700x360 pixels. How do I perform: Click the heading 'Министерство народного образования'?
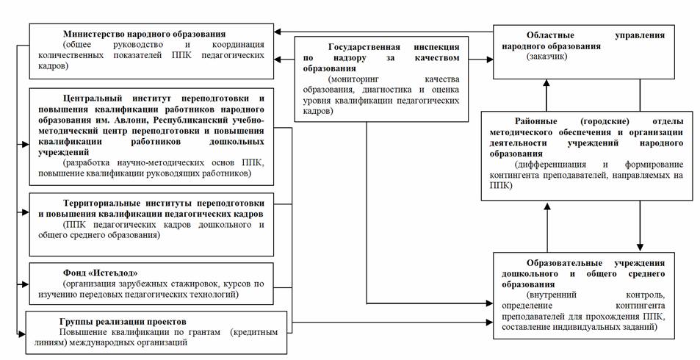pyautogui.click(x=144, y=34)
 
